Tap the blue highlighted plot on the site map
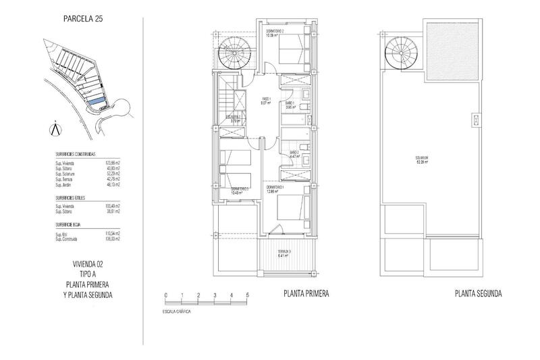98,101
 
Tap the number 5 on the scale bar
248,295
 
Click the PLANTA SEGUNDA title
479,294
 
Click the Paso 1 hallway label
266,101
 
